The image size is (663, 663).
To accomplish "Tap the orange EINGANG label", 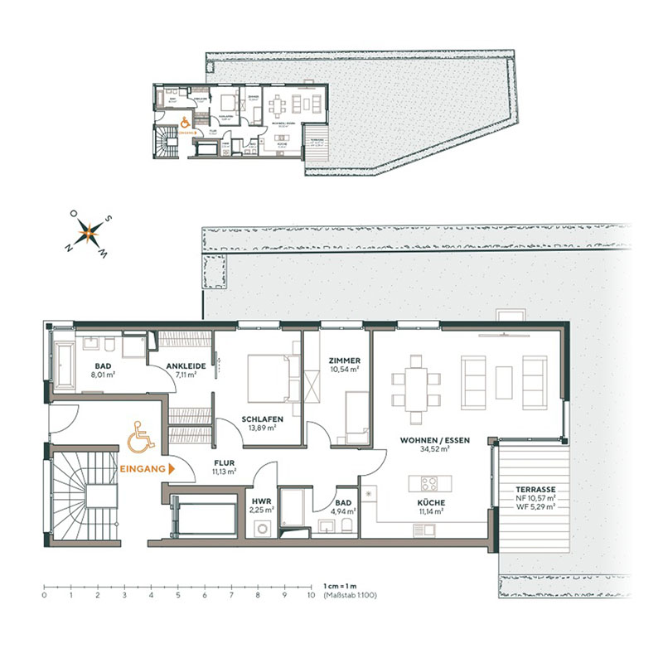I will (143, 468).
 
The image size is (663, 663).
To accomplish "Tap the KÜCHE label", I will (431, 503).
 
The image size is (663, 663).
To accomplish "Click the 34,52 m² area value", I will (435, 449).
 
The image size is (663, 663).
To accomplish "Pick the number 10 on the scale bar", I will (311, 594).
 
